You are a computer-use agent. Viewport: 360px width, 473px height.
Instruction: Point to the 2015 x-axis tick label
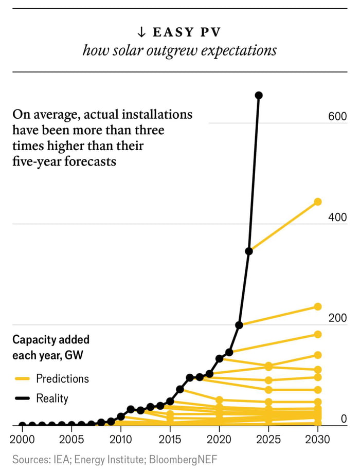coord(170,441)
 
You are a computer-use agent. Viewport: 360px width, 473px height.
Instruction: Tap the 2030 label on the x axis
coord(317,441)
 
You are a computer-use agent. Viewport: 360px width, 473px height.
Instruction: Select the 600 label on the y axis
coord(337,117)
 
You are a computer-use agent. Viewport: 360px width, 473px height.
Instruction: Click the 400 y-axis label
coord(337,217)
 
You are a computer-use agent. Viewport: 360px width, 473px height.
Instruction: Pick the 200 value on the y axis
coord(337,318)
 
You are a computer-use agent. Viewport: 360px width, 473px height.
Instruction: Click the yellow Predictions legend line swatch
coord(22,379)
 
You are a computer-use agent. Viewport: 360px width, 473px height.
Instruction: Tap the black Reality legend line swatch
coord(22,398)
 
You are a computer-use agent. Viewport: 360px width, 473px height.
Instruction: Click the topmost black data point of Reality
coord(259,95)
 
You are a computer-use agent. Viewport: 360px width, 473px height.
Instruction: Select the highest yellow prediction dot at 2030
coord(318,202)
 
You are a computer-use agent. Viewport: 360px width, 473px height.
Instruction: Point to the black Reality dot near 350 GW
coord(249,251)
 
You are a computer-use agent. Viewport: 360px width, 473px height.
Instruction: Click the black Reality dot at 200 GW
coord(239,325)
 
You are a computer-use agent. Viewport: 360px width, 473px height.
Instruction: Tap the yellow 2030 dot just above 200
coord(318,306)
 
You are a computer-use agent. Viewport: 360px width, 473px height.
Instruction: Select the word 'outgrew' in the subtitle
coord(167,51)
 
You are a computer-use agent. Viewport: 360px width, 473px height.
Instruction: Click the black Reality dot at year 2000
coord(22,426)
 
